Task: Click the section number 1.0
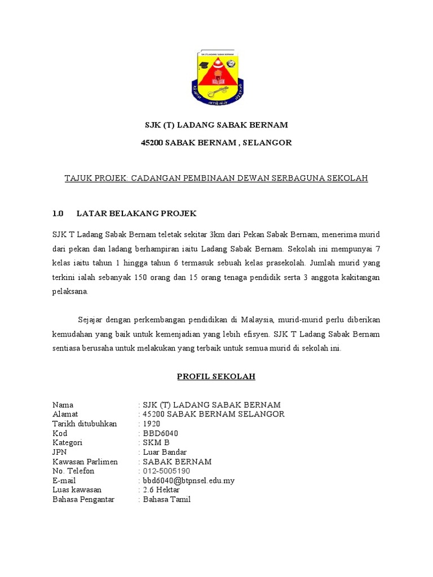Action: pyautogui.click(x=58, y=214)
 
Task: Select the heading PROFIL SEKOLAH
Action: pyautogui.click(x=216, y=376)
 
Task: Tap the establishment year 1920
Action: pyautogui.click(x=152, y=424)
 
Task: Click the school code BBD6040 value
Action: pyautogui.click(x=161, y=433)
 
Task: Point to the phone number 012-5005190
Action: pyautogui.click(x=166, y=471)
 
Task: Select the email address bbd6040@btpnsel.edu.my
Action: pyautogui.click(x=189, y=481)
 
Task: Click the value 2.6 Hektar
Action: pyautogui.click(x=161, y=490)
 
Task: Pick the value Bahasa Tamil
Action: pyautogui.click(x=167, y=499)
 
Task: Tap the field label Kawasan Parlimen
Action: pyautogui.click(x=85, y=461)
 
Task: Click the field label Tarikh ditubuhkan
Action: pyautogui.click(x=85, y=424)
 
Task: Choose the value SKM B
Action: pyautogui.click(x=156, y=443)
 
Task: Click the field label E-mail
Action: pyautogui.click(x=64, y=481)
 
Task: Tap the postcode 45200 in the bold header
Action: pyautogui.click(x=152, y=143)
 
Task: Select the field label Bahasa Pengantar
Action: pyautogui.click(x=83, y=499)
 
